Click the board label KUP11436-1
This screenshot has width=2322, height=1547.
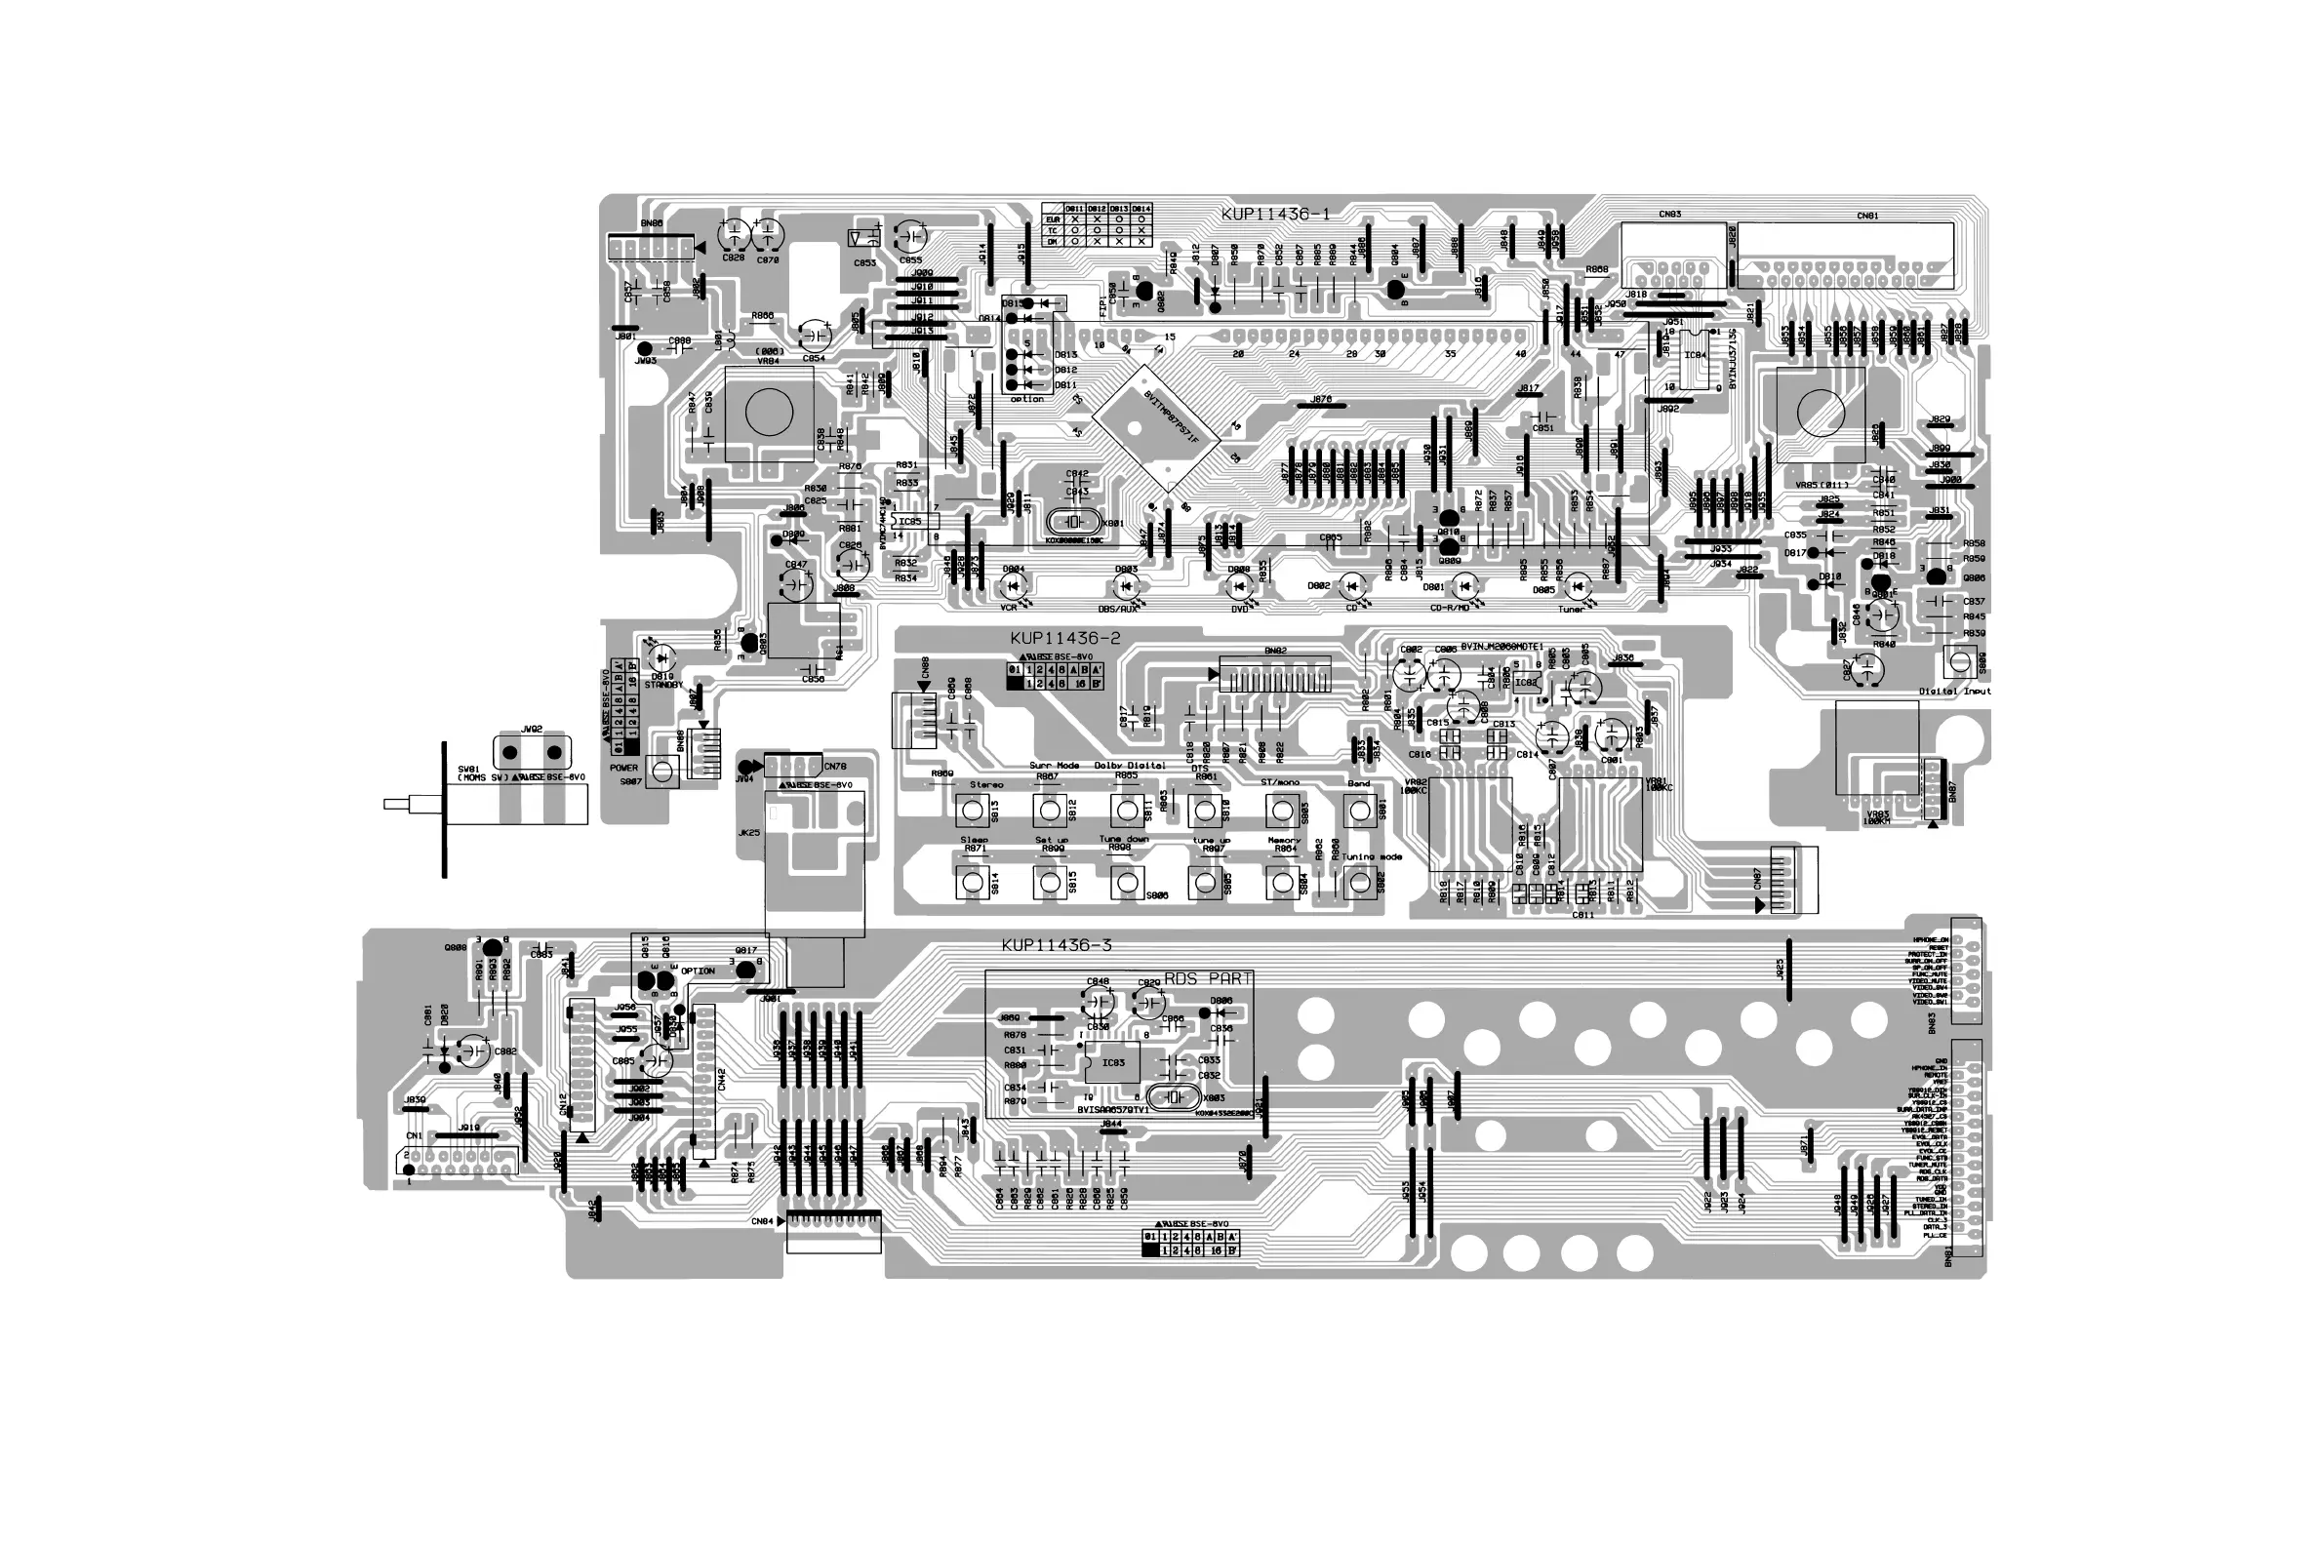click(1275, 214)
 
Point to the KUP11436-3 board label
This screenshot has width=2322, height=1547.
click(1056, 945)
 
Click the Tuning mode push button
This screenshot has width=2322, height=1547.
click(1359, 884)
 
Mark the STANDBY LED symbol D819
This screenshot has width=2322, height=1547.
click(661, 655)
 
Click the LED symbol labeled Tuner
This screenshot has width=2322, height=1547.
click(1578, 587)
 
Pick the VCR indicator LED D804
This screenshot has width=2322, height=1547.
click(1011, 587)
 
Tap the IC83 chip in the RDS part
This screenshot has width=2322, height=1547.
click(1112, 1062)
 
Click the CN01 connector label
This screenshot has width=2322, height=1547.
click(1867, 216)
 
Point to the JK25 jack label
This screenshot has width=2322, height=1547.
click(749, 833)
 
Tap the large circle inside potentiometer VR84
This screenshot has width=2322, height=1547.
click(769, 412)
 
